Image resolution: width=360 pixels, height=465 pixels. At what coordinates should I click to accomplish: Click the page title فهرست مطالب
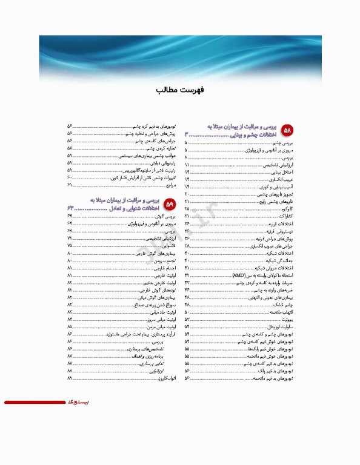pos(180,90)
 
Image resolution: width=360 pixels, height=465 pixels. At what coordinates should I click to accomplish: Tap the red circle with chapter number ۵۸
pos(288,130)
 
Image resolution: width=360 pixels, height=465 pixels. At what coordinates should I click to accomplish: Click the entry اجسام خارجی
pos(164,268)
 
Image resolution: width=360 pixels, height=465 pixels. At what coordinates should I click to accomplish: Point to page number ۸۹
pos(70,378)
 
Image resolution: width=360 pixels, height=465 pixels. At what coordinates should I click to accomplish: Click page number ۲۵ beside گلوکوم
pos(187,208)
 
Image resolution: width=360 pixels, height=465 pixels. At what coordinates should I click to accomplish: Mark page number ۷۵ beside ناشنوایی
pos(70,246)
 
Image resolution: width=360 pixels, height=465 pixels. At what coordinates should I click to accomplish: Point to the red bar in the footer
pos(34,402)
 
